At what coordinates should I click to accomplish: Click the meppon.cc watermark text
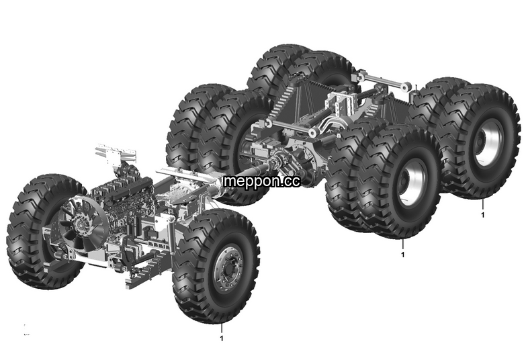262,181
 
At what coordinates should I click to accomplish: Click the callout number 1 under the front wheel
221,339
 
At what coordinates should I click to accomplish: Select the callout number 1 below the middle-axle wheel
402,255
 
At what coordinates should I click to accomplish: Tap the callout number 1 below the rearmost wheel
482,215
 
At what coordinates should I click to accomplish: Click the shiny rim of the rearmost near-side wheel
489,143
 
